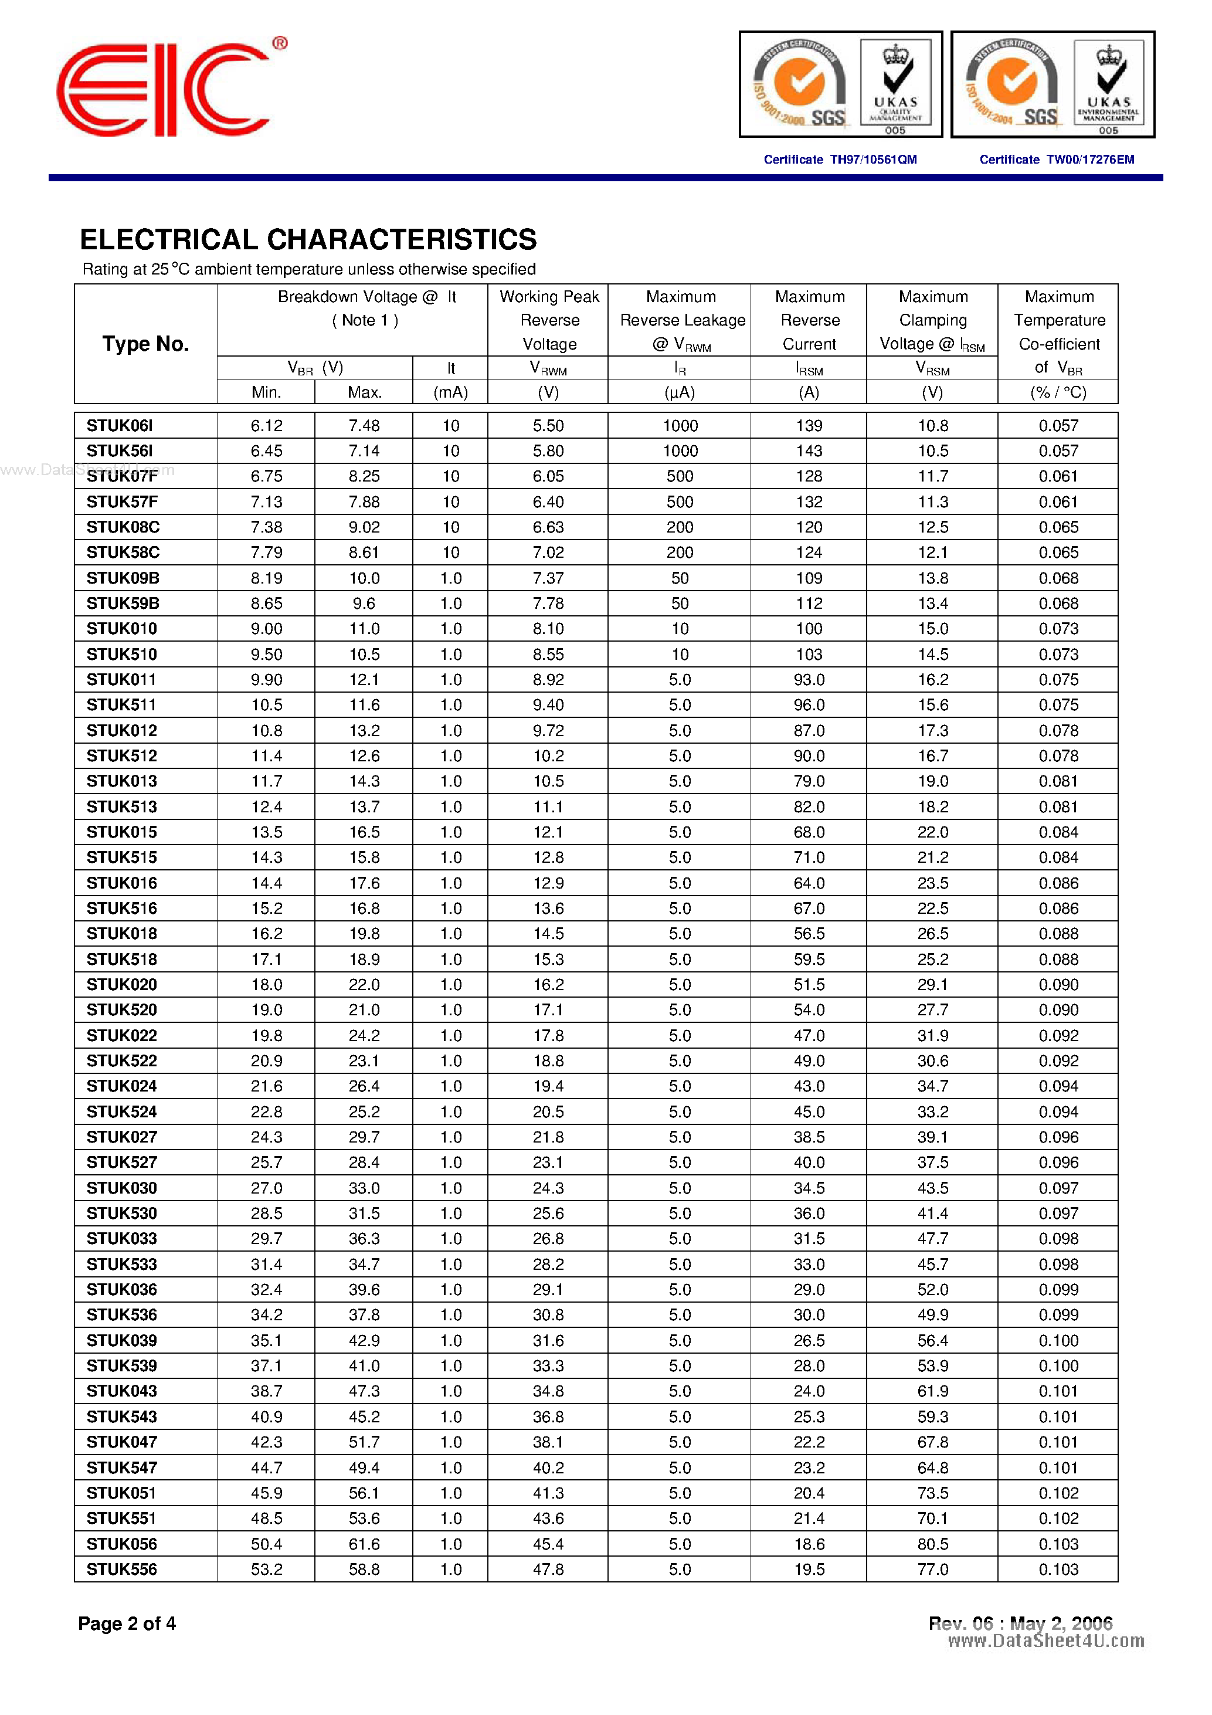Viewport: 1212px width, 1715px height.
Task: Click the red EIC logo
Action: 163,90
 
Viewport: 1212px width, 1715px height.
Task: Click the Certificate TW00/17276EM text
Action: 1056,159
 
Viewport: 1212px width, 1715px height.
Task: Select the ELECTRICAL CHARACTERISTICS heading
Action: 308,240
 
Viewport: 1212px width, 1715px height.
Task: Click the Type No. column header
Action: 145,344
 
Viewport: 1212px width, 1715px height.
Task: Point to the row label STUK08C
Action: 123,527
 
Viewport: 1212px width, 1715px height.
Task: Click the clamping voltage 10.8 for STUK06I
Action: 933,426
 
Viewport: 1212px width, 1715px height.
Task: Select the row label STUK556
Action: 122,1570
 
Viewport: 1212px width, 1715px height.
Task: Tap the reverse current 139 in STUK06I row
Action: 809,426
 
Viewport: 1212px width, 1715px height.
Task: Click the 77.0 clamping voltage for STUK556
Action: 933,1570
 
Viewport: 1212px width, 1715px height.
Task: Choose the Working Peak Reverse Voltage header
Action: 549,320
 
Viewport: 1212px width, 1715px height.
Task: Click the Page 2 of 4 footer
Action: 127,1623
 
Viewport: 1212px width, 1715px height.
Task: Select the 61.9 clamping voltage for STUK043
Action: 933,1391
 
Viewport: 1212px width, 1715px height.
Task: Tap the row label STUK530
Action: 122,1213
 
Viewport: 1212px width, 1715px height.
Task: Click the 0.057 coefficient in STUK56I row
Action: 1058,451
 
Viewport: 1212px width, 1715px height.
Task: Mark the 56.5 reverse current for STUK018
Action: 809,934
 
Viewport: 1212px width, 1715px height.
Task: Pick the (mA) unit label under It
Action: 450,392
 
